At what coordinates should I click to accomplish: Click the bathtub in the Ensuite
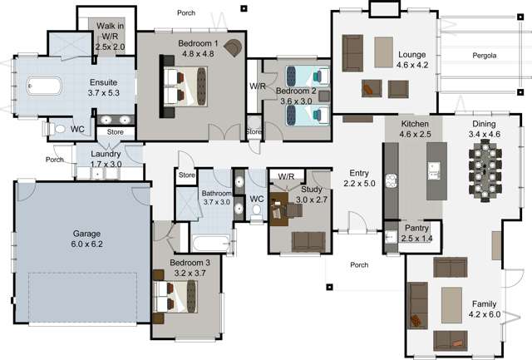point(42,85)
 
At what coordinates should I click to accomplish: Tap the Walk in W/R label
point(110,27)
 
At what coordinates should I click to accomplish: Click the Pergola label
point(485,57)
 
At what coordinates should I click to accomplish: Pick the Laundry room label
point(106,155)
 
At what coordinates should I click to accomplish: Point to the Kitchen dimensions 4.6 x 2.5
point(414,132)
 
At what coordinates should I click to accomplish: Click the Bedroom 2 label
point(296,91)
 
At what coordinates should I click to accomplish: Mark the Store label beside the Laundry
point(116,131)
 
